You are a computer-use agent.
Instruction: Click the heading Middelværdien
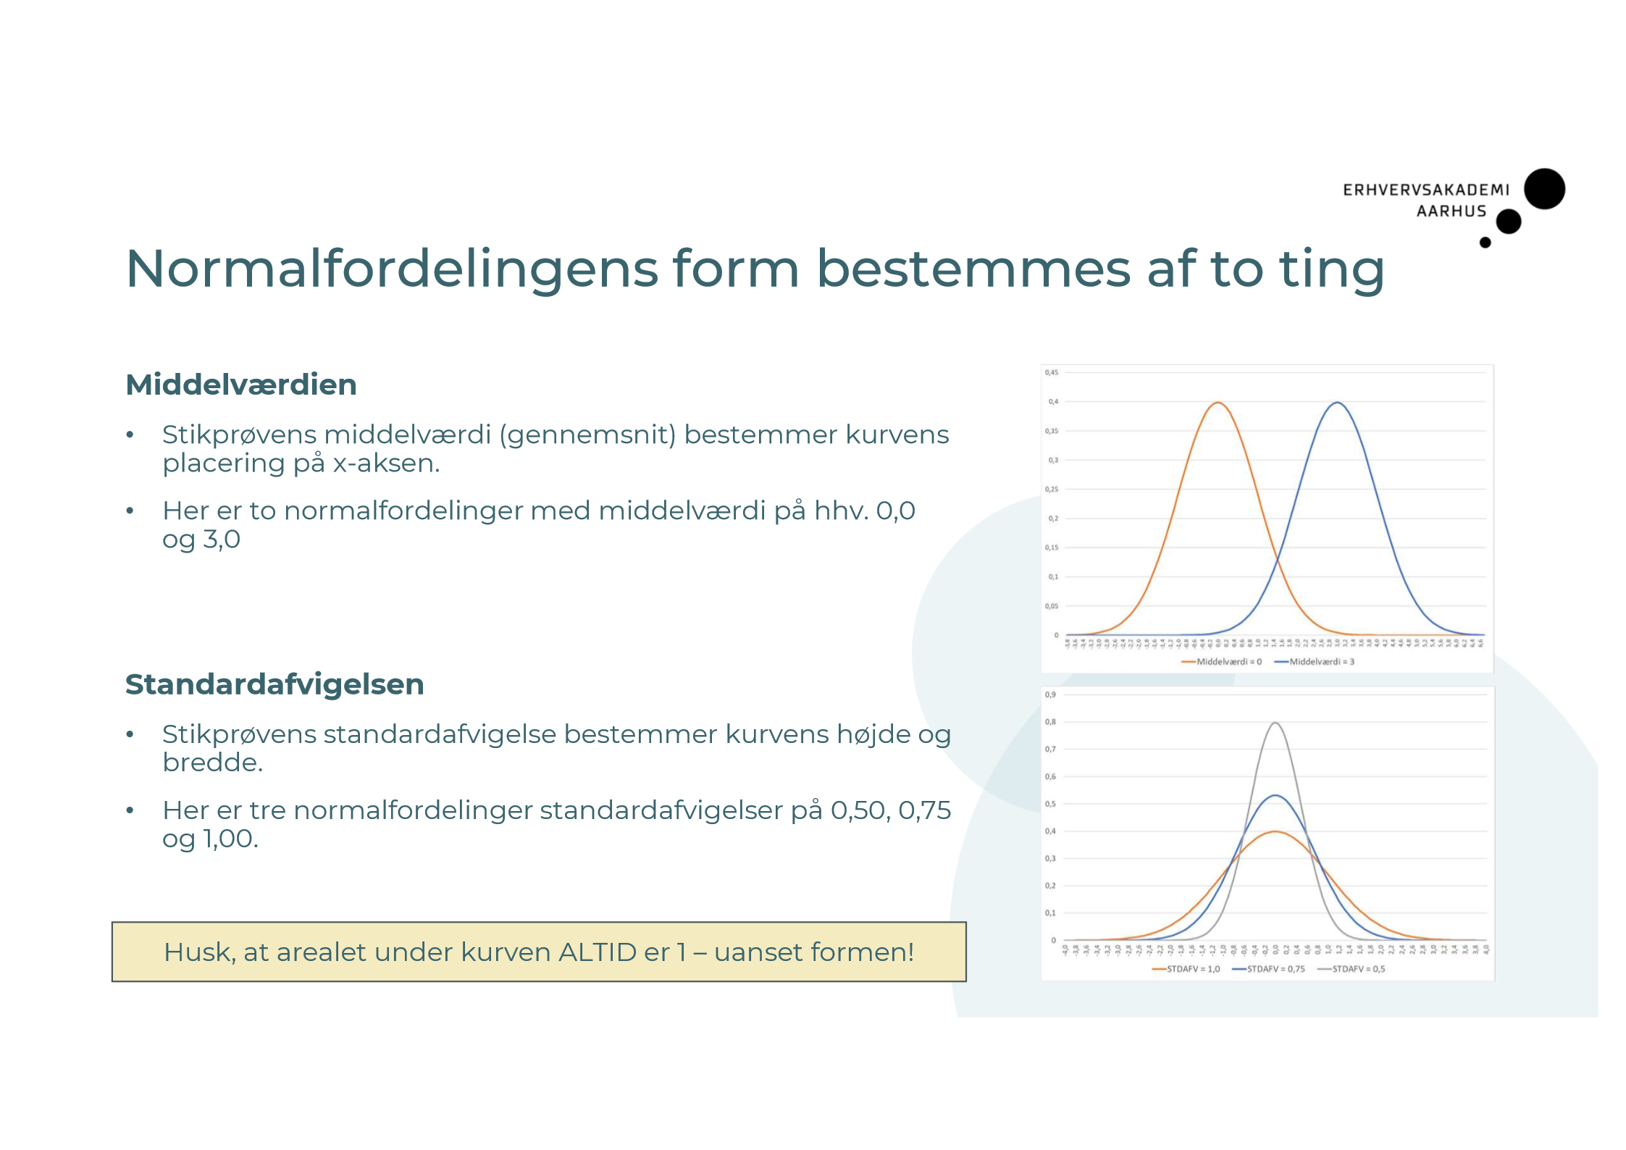point(241,385)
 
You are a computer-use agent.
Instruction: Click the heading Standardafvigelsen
point(275,684)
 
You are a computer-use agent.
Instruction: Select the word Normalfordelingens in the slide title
point(392,269)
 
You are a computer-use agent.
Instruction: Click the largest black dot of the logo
point(1544,189)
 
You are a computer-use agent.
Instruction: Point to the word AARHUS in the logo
point(1451,211)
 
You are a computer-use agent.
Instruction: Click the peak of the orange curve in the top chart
point(1218,403)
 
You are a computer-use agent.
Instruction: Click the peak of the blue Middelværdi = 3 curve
point(1337,403)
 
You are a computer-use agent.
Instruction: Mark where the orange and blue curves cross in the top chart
point(1278,558)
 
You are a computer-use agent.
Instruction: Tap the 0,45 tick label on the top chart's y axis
point(1051,372)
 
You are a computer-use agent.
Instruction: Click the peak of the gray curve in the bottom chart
point(1275,723)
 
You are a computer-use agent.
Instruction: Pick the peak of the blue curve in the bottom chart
point(1275,796)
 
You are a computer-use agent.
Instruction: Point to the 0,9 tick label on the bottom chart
point(1050,694)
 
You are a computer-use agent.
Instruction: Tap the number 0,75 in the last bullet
point(924,810)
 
